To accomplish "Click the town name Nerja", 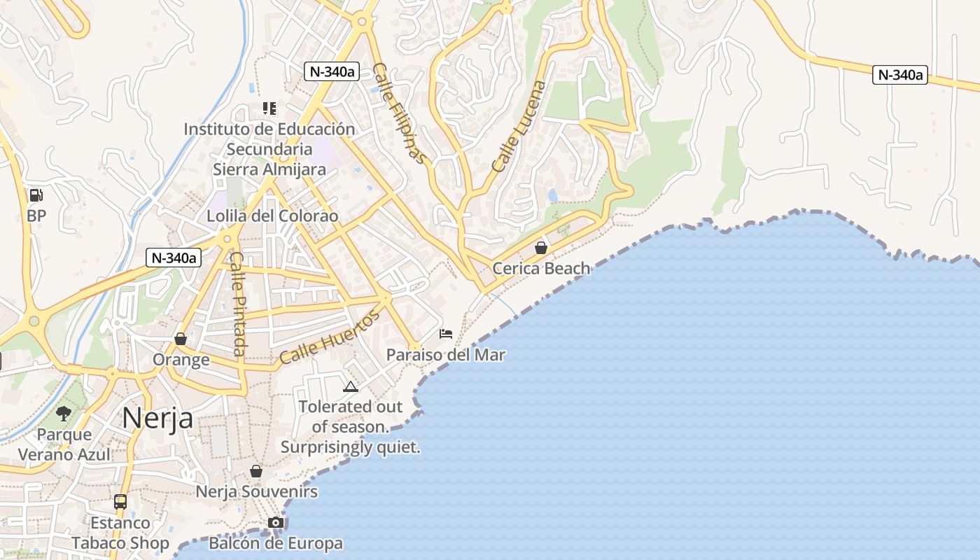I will pyautogui.click(x=157, y=418).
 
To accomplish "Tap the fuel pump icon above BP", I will pyautogui.click(x=36, y=195).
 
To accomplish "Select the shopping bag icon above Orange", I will pyautogui.click(x=181, y=339).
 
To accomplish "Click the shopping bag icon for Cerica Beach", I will pyautogui.click(x=540, y=248).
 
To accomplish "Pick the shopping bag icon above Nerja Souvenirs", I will pyautogui.click(x=256, y=471).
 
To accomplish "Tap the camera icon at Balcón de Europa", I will pyautogui.click(x=276, y=523).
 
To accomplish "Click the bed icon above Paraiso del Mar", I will pyautogui.click(x=446, y=334).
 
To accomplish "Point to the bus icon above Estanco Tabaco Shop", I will pyautogui.click(x=120, y=502).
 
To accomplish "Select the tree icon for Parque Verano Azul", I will pyautogui.click(x=64, y=414).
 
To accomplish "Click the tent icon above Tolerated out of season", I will pyautogui.click(x=351, y=386).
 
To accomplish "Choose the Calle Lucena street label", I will pyautogui.click(x=519, y=127).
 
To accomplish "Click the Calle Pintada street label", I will pyautogui.click(x=238, y=304).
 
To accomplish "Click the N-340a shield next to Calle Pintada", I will pyautogui.click(x=174, y=258).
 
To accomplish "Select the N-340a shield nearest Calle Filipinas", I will pyautogui.click(x=332, y=71).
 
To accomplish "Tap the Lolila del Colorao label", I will pyautogui.click(x=272, y=216).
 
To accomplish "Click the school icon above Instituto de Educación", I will pyautogui.click(x=269, y=108).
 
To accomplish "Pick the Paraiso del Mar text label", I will pyautogui.click(x=446, y=355).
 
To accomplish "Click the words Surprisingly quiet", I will pyautogui.click(x=351, y=447).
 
